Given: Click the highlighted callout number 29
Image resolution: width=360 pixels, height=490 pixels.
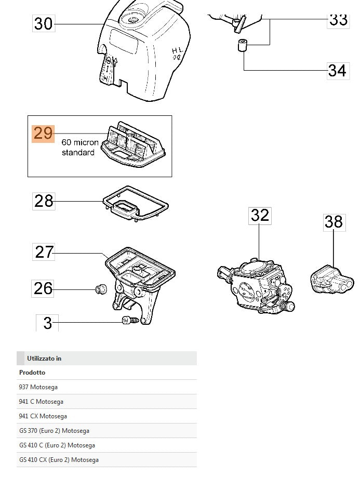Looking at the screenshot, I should point(43,134).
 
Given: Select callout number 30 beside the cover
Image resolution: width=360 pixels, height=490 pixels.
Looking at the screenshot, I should point(44,23).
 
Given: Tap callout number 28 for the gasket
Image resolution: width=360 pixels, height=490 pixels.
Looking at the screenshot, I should point(44,201).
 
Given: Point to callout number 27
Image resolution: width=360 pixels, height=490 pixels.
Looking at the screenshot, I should point(44,253).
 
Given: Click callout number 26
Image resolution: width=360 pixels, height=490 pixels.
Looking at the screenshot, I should point(44,288).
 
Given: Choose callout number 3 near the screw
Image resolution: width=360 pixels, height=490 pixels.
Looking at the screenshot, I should point(47,323).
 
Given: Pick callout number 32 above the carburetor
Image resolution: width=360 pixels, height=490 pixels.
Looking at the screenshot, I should point(260,216).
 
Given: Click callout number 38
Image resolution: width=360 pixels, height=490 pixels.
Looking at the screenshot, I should point(334,222).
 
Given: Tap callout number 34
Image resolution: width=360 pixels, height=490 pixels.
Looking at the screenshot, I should point(337,70).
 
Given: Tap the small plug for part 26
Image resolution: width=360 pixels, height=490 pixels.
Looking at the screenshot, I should point(100,288).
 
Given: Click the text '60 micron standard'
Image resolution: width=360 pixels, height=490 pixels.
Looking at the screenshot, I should point(79,147).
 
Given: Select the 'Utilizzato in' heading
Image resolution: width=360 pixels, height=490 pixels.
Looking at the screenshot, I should point(44,359).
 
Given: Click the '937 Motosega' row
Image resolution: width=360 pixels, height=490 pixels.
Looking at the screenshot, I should point(38,387).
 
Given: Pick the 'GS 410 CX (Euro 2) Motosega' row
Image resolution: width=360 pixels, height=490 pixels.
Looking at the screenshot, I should point(59,460).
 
